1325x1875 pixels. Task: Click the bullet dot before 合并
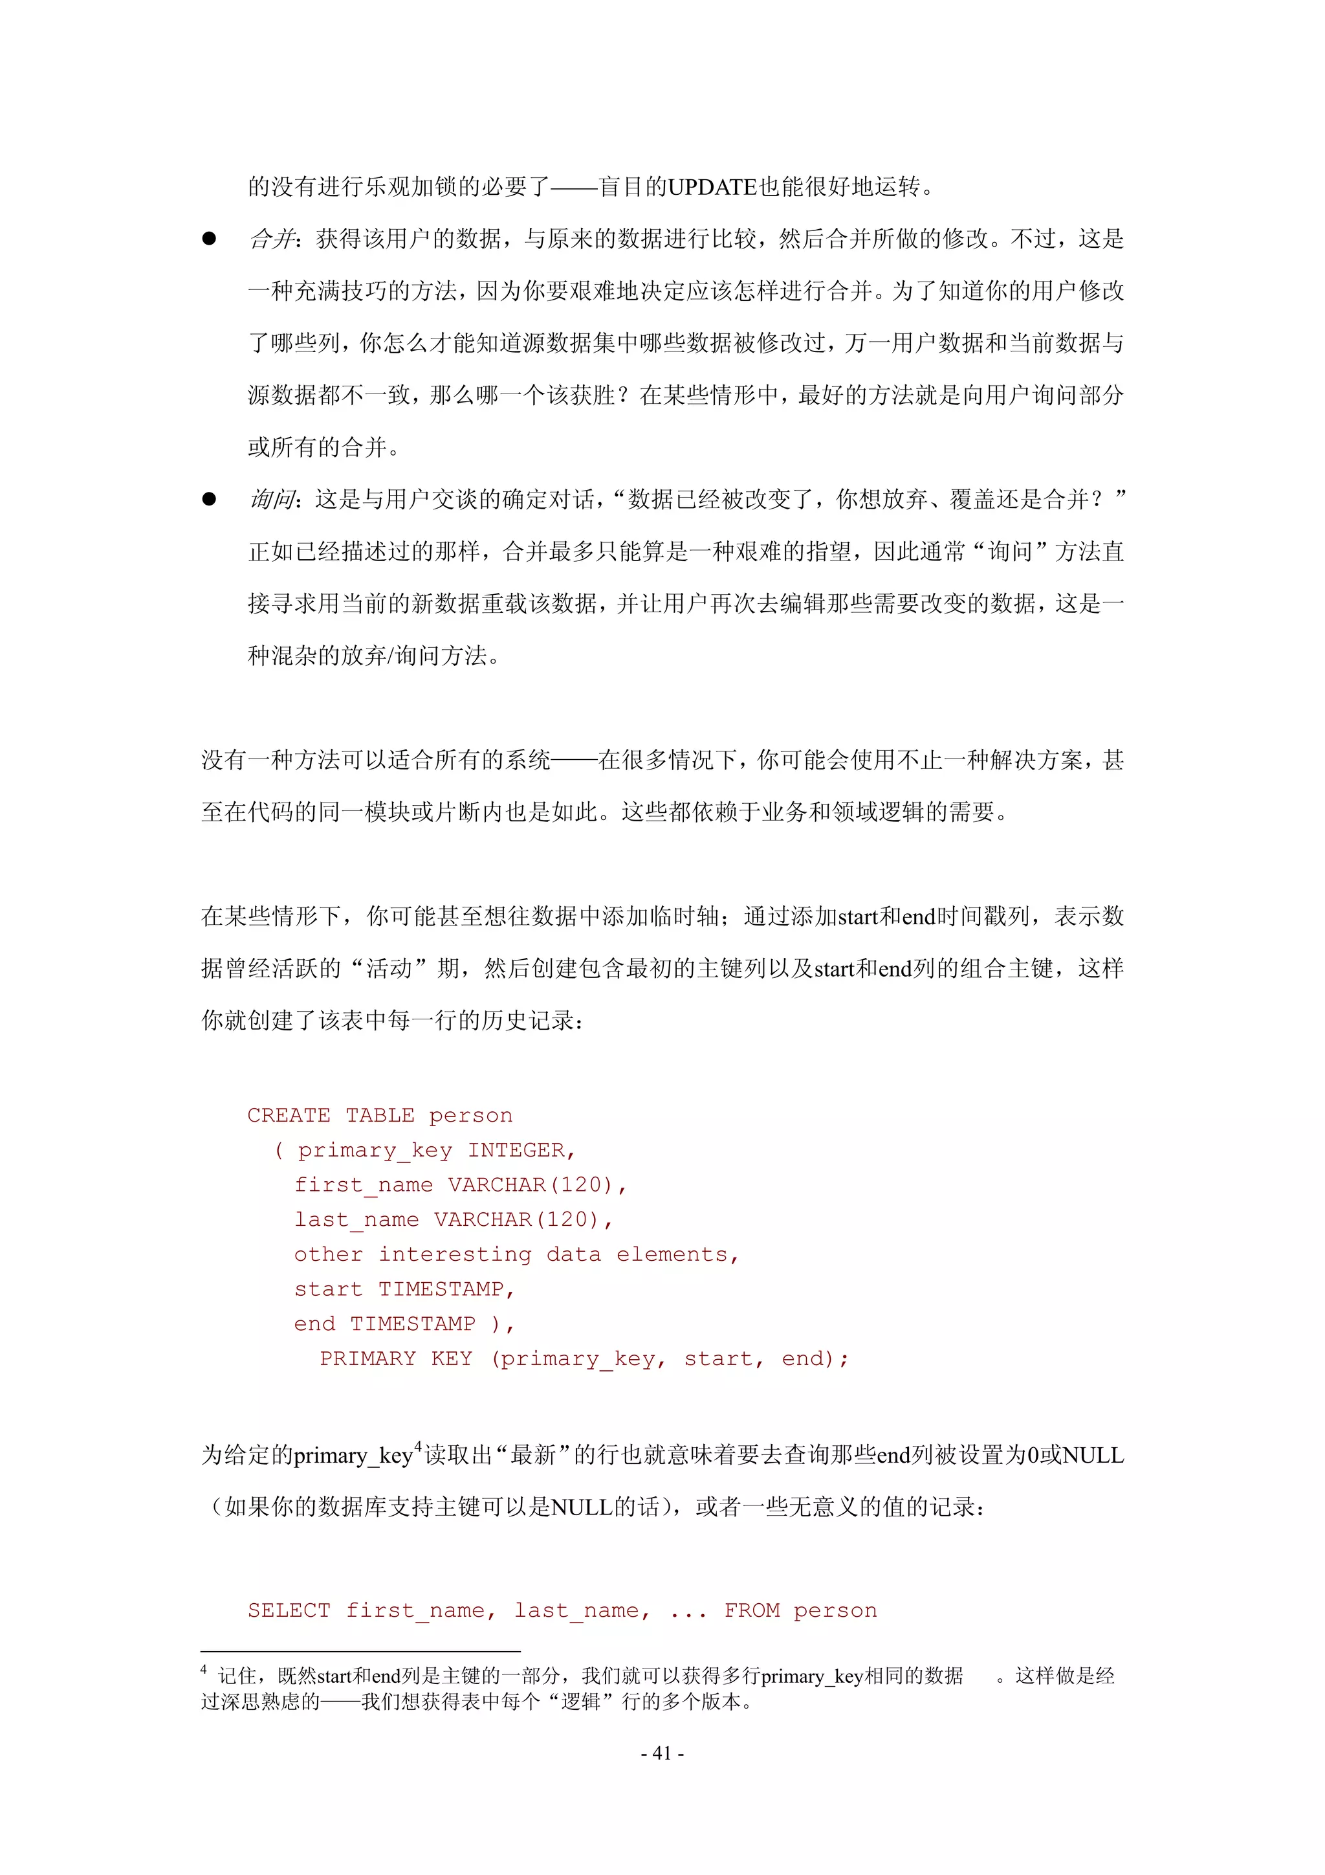pos(209,238)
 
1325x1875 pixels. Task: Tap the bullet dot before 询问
pos(209,499)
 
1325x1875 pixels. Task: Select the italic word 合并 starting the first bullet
pos(271,238)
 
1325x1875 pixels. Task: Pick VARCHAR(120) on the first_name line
pos(531,1185)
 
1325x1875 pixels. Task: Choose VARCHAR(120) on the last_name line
pos(517,1220)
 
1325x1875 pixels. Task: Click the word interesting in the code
pos(455,1254)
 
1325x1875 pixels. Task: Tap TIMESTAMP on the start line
pos(441,1289)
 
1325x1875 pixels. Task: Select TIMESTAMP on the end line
pos(412,1324)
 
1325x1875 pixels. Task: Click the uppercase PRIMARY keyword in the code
pos(367,1359)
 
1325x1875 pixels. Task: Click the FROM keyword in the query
pos(752,1610)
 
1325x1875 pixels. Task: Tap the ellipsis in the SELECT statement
pos(687,1612)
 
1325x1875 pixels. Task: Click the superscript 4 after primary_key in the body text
pos(418,1447)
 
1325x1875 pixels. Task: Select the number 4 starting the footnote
pos(204,1671)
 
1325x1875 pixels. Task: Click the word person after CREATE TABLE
pos(471,1116)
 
